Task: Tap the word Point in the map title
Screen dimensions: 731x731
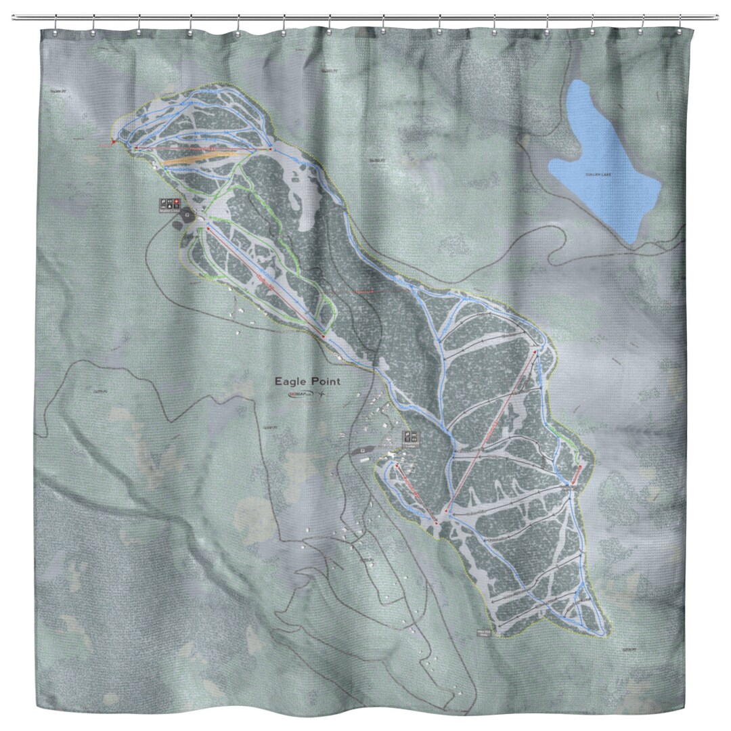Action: pos(324,381)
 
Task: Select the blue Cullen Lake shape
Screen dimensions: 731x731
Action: pos(602,162)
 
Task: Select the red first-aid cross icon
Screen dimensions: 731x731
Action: pos(177,202)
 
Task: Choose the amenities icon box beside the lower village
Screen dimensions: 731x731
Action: pos(410,437)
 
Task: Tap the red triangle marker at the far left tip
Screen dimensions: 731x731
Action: pos(113,143)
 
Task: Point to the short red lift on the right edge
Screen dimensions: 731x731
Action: pos(576,474)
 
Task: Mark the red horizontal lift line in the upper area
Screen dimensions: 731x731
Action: pos(203,147)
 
